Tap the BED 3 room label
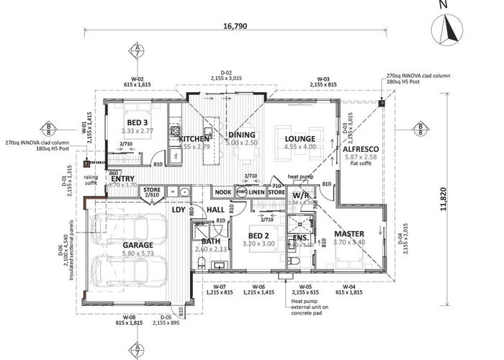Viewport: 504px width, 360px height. tap(137, 122)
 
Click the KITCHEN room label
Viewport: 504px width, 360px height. tap(194, 138)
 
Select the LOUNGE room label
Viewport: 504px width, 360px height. tap(300, 138)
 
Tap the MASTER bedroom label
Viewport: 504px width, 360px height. tap(348, 233)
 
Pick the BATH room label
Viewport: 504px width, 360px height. tap(211, 241)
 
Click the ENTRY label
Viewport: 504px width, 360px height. tap(123, 179)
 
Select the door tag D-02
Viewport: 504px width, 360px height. tap(225, 72)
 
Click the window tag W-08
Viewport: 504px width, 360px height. tap(130, 318)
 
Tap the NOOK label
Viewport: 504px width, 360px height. tap(223, 192)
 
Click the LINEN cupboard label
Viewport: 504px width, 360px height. tap(257, 192)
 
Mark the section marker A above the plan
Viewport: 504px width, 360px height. tap(137, 50)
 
